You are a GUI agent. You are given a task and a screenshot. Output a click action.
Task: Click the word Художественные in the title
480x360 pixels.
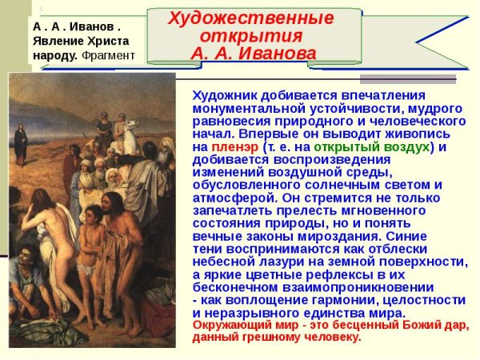click(x=251, y=18)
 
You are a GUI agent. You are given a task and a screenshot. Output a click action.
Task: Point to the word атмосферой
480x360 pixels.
click(x=226, y=198)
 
